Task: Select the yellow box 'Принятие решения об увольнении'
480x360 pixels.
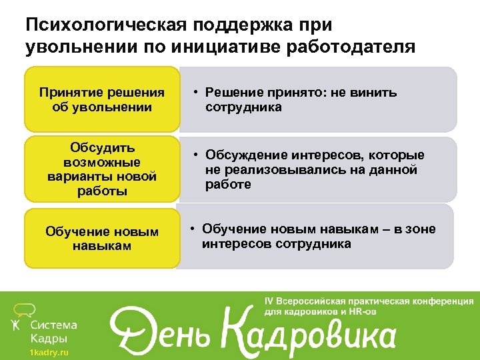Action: point(102,99)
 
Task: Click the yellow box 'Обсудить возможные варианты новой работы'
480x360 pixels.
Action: point(102,169)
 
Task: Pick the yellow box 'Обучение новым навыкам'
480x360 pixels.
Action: point(102,239)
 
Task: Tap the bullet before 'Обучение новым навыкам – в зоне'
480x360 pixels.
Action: point(190,230)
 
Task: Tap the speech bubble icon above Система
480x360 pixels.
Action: point(25,309)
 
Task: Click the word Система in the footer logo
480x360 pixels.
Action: point(54,325)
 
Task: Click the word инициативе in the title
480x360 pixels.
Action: point(237,47)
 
